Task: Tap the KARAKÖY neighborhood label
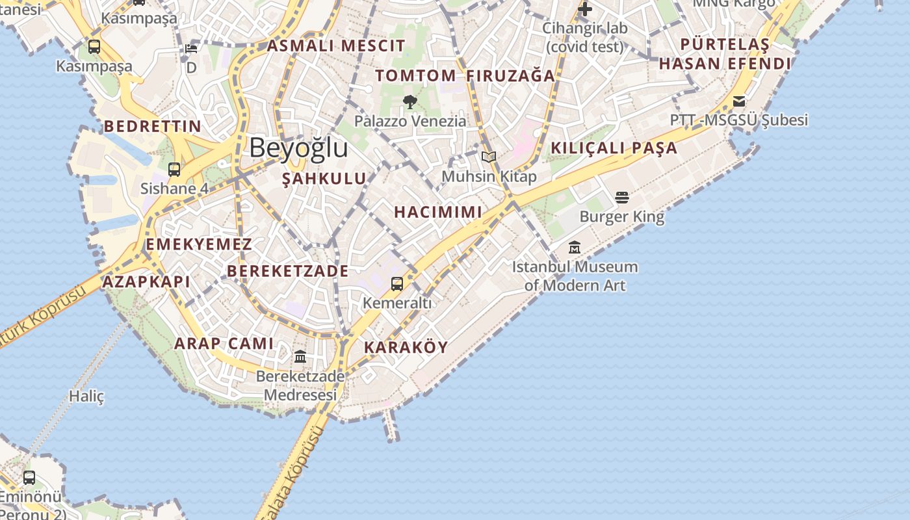click(406, 347)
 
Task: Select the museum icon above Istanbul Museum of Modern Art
click(575, 248)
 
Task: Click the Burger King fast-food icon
click(622, 198)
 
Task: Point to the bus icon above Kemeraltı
click(397, 283)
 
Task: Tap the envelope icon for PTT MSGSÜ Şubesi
click(739, 101)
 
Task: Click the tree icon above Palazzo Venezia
click(410, 101)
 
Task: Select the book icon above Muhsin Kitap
click(489, 157)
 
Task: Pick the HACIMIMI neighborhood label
click(438, 212)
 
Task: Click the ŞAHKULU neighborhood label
click(324, 179)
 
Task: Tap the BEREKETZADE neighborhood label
click(288, 271)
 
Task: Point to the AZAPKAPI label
click(146, 281)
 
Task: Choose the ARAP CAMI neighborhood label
click(224, 343)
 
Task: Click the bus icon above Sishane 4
click(174, 170)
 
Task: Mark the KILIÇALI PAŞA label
click(614, 148)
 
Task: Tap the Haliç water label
click(86, 396)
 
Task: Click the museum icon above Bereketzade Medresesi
click(300, 356)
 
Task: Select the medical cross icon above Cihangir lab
click(585, 9)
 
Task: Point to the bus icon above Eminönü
click(29, 478)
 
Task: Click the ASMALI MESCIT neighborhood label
click(336, 45)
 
